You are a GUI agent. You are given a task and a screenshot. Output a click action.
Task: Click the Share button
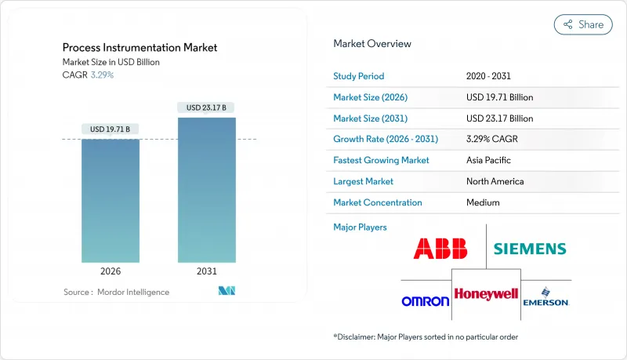pos(583,24)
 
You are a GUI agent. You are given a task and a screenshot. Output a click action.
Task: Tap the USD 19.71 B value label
pos(111,129)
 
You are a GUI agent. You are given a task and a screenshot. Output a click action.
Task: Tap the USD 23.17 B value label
pos(206,107)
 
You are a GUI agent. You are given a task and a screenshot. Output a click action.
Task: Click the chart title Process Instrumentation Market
pos(140,48)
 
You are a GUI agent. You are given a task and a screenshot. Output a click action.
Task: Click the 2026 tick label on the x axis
pos(111,271)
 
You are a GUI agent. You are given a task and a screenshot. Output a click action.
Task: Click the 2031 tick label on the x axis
pos(206,271)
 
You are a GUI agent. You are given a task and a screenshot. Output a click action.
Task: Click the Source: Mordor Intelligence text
pos(116,292)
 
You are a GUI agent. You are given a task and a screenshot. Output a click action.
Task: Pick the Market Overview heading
pos(371,43)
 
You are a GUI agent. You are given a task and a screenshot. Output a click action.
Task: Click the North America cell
pos(495,181)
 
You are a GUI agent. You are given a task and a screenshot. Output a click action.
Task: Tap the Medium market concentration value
pos(483,202)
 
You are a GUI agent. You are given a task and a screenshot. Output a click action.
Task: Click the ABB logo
pos(440,249)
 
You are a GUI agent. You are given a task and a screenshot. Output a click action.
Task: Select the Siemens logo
pos(529,249)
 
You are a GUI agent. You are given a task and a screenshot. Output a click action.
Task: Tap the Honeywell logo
pos(486,294)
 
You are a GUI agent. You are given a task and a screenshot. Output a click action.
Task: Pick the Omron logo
pos(425,300)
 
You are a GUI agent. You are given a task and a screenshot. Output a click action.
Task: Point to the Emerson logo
pos(545,299)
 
